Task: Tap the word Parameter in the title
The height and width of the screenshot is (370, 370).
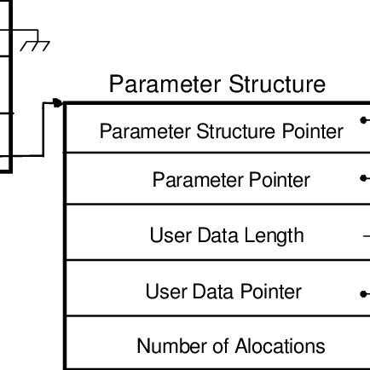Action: pos(164,85)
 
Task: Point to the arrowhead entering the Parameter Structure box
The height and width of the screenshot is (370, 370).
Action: pos(58,102)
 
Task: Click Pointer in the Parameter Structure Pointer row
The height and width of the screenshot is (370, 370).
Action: pos(315,132)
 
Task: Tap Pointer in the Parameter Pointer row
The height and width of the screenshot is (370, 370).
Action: pos(279,181)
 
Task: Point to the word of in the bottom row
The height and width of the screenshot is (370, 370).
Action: pos(218,346)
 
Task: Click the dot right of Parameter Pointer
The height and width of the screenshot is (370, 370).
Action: pos(364,180)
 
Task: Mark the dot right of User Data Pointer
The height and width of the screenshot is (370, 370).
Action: pos(364,293)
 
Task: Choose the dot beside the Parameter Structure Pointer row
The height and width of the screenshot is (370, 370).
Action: pos(364,120)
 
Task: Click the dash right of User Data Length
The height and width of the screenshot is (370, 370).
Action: pos(365,235)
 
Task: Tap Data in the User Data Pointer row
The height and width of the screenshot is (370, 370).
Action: pos(213,292)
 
